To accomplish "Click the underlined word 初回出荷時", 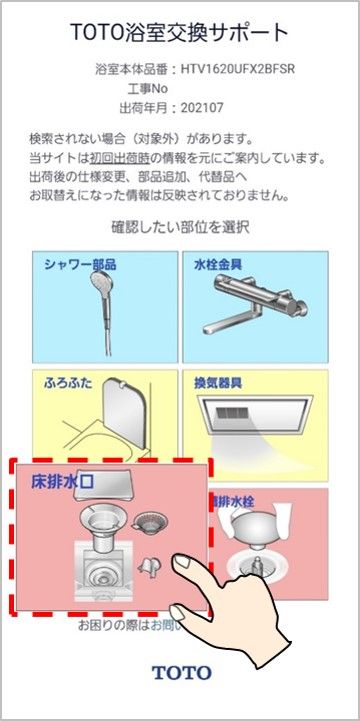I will (x=115, y=159).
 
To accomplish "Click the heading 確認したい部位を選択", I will (x=180, y=227).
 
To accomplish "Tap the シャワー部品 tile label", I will (x=81, y=265).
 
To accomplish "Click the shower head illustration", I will (x=99, y=300).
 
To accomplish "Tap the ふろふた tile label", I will (x=69, y=383).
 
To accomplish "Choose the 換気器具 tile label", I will (x=217, y=383).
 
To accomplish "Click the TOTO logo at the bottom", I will (x=180, y=673).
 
